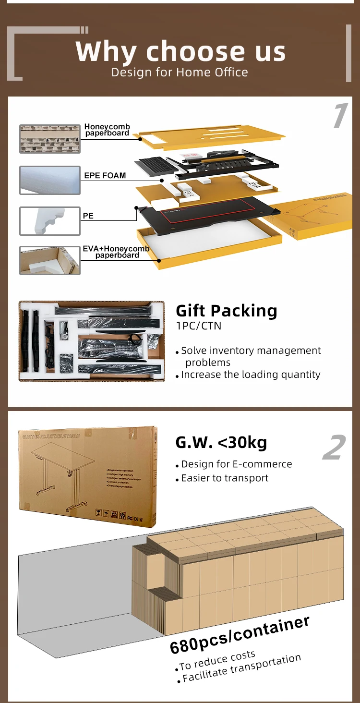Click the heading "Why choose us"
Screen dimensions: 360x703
[x=180, y=51]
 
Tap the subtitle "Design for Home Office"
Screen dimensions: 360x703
[x=180, y=73]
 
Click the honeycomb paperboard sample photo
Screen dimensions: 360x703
[x=50, y=139]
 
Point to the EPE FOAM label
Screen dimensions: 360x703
[x=105, y=176]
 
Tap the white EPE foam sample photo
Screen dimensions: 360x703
[x=50, y=180]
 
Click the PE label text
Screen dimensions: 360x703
[x=88, y=216]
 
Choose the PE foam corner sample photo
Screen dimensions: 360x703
[x=50, y=221]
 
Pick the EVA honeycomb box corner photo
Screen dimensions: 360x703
[x=50, y=260]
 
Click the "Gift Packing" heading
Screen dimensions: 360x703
[x=227, y=311]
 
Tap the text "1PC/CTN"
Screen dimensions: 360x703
[x=199, y=326]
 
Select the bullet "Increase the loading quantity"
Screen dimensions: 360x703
[x=251, y=375]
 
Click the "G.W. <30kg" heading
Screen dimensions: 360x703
[x=221, y=442]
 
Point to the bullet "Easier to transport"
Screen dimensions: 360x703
[x=225, y=478]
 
